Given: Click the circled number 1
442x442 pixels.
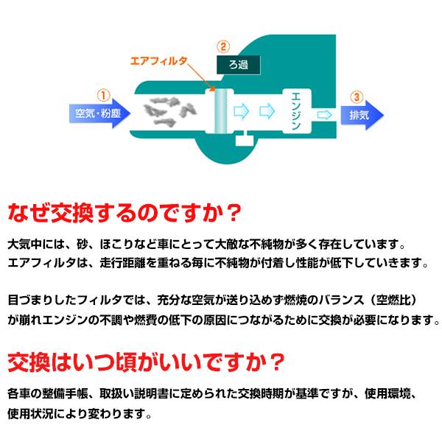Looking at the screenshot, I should (103, 95).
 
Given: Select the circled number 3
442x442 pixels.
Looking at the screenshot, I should (357, 95).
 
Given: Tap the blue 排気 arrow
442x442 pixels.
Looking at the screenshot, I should (361, 114).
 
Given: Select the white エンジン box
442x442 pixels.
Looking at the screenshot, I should (296, 112).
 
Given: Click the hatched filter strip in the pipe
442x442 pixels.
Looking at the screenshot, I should (218, 112).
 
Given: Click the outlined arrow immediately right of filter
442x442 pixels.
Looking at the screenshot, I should (240, 112).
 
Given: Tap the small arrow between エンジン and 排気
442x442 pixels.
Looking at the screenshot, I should (323, 114).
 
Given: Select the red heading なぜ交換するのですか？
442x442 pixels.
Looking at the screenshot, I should (124, 214).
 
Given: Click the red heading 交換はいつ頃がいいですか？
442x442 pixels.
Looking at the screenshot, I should (146, 362).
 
